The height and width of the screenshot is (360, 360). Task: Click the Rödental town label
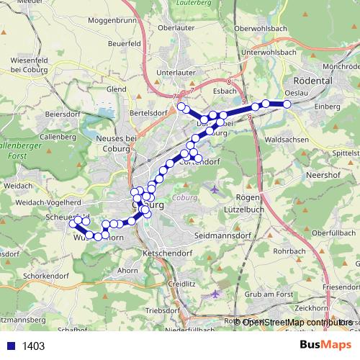point(311,81)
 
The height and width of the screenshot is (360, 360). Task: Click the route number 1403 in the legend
point(33,346)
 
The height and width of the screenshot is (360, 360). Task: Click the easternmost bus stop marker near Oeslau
point(287,104)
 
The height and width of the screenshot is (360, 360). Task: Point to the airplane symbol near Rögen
point(215,189)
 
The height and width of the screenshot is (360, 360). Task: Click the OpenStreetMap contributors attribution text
point(295,322)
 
